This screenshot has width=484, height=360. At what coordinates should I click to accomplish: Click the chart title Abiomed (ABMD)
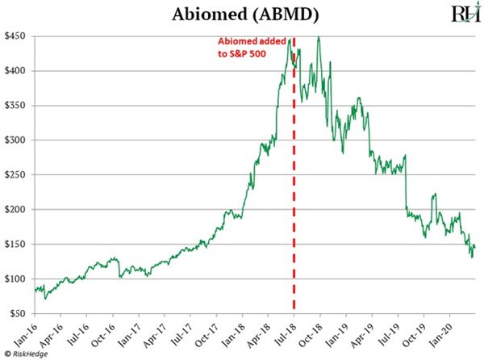pyautogui.click(x=241, y=15)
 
